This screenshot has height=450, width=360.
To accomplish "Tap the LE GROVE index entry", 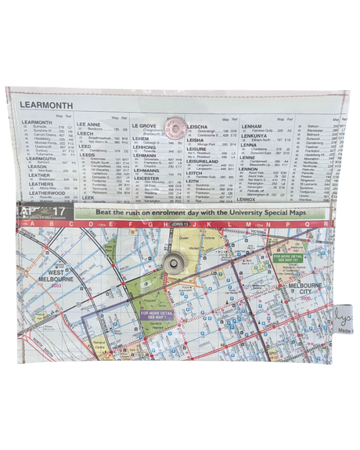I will tap(143, 125).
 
